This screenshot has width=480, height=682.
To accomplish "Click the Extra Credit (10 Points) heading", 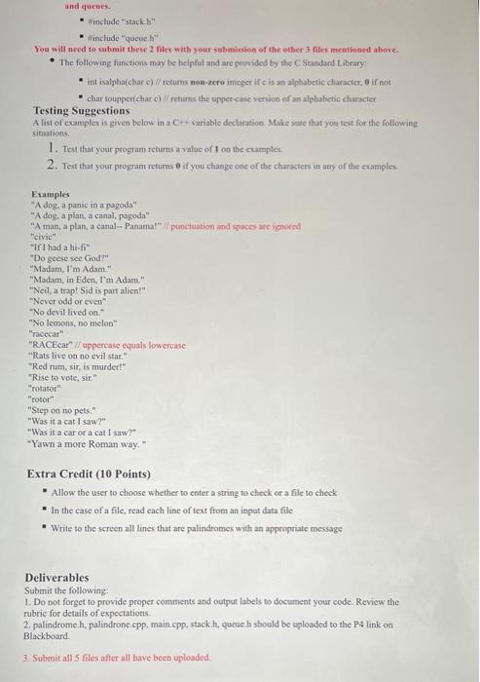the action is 89,474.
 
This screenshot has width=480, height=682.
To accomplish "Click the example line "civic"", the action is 45,237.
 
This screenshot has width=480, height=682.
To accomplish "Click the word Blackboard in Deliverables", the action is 47,635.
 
